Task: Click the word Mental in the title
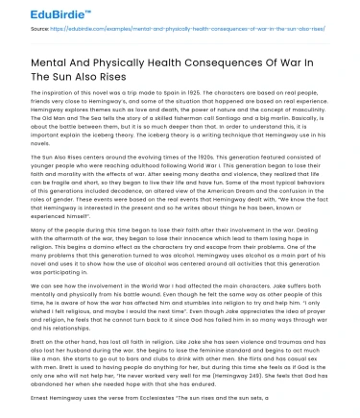[x=51, y=68]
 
